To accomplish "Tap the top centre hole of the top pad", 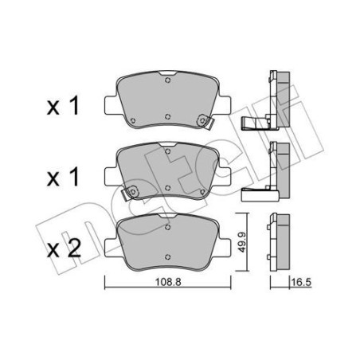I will tap(167, 79).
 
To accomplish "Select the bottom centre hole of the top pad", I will tap(167, 115).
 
